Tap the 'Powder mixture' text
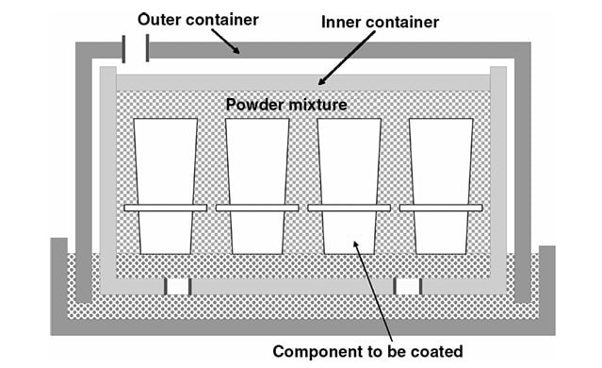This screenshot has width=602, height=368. coord(287,104)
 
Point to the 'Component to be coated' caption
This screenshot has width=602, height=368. coord(367,352)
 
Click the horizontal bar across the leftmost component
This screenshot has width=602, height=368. coord(166,207)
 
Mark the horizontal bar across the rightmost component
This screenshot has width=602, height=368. coord(441,207)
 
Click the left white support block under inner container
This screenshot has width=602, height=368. coord(178,286)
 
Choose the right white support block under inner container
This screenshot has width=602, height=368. coord(407,286)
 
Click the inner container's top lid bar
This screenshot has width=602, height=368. coord(301,82)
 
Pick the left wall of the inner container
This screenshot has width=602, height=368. coord(107,179)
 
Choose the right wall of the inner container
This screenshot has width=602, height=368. coord(498,179)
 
